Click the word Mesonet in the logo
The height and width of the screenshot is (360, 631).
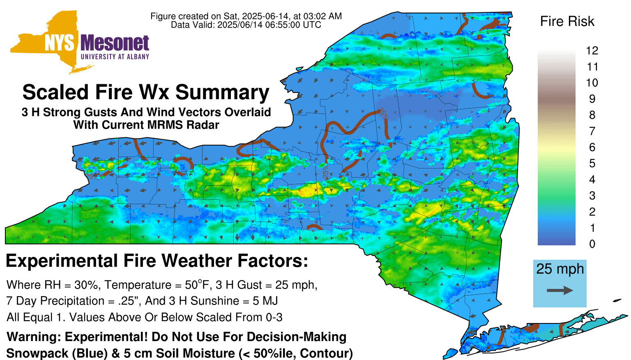click(115, 43)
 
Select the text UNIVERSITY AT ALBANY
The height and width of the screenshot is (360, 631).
click(115, 57)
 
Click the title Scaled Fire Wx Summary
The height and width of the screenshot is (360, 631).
click(146, 92)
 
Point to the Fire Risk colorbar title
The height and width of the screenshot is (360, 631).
click(567, 21)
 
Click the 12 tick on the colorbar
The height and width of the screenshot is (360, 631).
click(592, 51)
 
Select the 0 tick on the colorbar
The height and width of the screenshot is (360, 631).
click(592, 244)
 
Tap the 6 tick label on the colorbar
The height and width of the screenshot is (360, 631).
click(592, 147)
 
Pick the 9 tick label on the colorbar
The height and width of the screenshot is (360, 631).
click(592, 99)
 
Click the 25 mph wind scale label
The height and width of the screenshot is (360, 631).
click(560, 269)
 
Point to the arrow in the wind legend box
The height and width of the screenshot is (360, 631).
click(560, 290)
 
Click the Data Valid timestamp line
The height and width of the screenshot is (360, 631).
click(246, 25)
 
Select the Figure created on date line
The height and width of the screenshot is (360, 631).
click(246, 16)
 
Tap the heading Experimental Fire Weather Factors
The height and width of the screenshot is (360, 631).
click(157, 261)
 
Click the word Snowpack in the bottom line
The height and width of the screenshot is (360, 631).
click(37, 353)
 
